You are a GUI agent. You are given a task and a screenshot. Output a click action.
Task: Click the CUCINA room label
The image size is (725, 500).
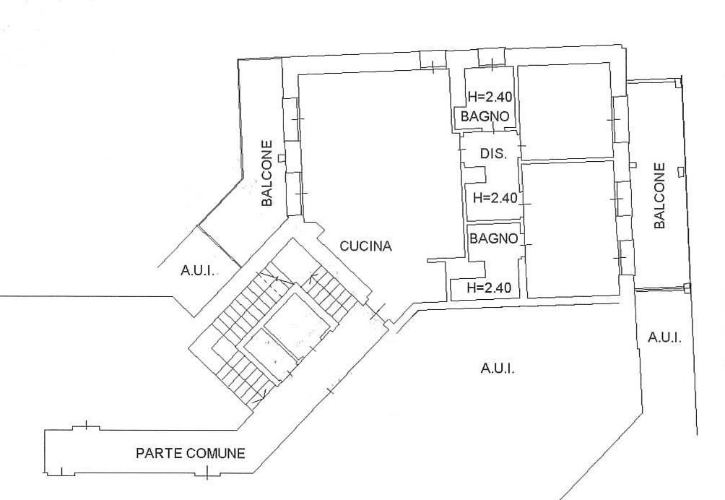365,246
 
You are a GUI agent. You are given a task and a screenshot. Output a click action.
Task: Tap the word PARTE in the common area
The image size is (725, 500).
158,453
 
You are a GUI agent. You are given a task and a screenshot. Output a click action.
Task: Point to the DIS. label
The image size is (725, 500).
493,153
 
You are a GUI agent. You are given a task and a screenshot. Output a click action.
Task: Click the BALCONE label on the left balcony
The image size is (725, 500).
266,173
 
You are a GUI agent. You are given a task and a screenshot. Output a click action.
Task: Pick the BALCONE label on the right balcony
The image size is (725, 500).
659,195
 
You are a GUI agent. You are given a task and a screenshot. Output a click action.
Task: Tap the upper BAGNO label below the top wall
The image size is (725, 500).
485,116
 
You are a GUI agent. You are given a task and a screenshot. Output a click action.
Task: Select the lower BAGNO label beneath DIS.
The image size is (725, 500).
493,238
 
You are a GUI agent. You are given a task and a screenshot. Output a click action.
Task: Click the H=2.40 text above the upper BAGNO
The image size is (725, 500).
490,97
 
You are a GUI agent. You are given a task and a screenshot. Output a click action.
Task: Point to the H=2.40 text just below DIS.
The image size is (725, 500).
495,198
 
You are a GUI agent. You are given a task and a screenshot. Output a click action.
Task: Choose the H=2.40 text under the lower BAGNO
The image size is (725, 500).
489,288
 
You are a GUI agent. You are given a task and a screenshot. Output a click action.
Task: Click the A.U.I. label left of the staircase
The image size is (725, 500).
197,270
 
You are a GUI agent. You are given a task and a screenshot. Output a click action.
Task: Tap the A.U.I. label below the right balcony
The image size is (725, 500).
664,337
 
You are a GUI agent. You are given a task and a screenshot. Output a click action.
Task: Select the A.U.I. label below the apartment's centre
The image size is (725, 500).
498,368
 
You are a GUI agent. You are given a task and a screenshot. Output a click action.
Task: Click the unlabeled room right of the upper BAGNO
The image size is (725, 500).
565,111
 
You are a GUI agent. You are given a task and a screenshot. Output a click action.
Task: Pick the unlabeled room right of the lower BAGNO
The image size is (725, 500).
570,230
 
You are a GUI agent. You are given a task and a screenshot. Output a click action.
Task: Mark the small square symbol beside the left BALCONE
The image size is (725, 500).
281,158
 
